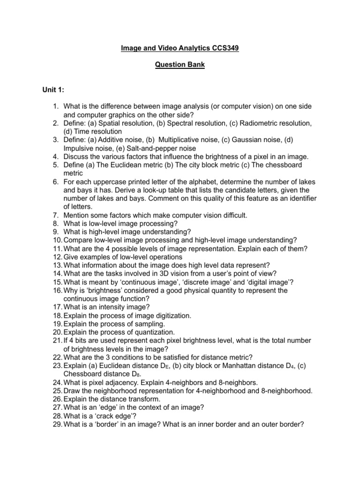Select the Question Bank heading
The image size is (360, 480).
[180, 65]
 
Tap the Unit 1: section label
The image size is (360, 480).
[54, 90]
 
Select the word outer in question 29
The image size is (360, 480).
[262, 425]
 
